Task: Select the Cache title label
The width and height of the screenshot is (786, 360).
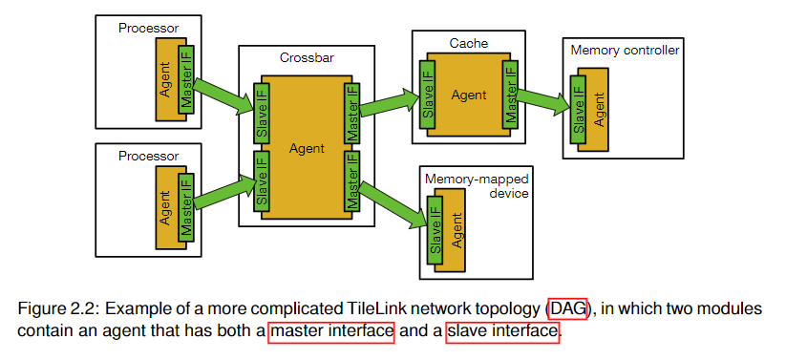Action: point(469,43)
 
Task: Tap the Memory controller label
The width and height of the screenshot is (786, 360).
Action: point(624,50)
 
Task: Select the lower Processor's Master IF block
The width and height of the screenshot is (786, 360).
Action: point(186,203)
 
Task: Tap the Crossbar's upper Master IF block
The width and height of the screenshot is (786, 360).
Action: point(352,114)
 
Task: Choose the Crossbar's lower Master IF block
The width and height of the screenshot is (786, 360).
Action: point(352,182)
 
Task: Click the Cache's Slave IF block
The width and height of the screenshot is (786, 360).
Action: point(427,95)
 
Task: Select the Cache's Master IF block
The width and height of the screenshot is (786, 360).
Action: point(511,95)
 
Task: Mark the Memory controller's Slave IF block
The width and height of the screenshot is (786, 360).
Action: point(578,109)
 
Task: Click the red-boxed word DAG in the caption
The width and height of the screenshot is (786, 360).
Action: point(567,308)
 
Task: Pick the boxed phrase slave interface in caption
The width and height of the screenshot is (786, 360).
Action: point(502,331)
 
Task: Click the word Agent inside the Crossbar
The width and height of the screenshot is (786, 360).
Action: point(306,150)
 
